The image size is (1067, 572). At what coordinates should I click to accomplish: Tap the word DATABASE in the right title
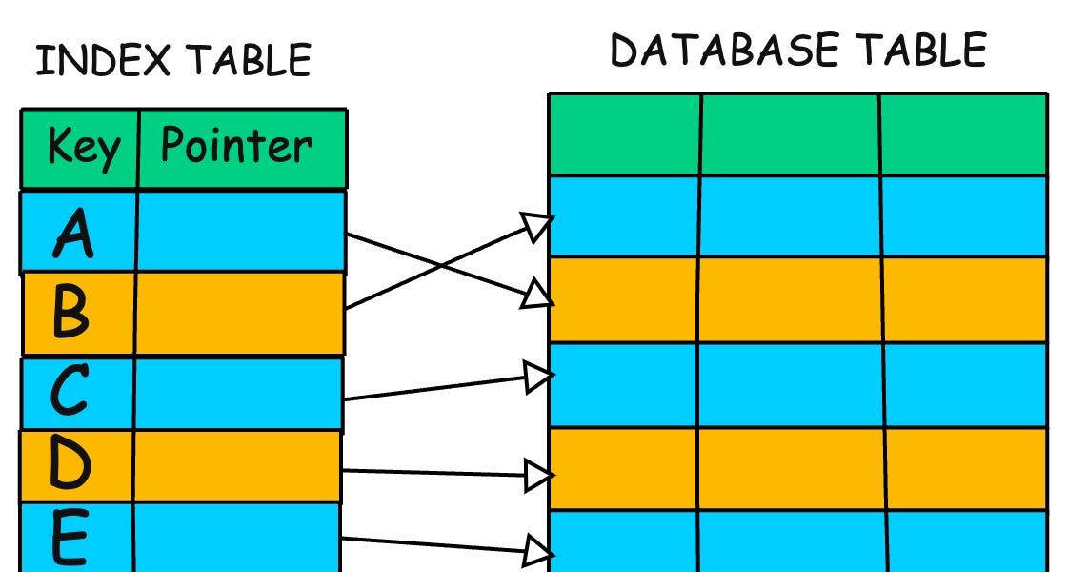tap(725, 50)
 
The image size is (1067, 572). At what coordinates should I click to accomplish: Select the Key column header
tap(83, 149)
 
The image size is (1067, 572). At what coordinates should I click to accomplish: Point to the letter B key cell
tap(72, 313)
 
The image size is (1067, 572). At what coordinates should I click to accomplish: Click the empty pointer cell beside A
tap(240, 232)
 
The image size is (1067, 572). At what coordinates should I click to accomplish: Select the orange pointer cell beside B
tap(239, 313)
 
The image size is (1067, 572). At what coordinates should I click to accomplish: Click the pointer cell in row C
tap(238, 393)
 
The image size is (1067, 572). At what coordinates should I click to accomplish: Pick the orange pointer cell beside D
tap(236, 465)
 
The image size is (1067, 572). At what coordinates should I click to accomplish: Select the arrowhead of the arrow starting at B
tap(538, 225)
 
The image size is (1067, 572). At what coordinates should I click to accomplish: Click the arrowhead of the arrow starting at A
tap(538, 296)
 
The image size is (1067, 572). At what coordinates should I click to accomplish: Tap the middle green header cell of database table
tap(790, 134)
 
